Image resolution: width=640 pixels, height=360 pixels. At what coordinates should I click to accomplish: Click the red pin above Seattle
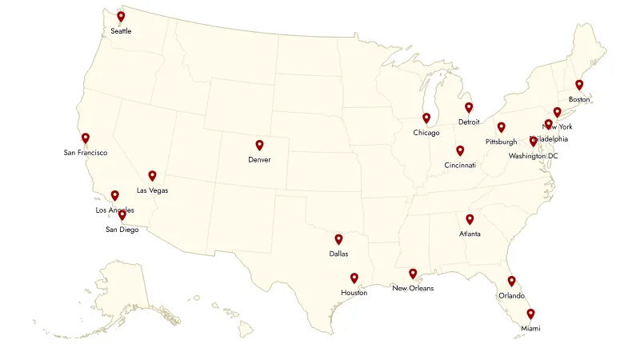point(121,16)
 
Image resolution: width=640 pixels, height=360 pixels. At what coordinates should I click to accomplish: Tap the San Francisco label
point(86,152)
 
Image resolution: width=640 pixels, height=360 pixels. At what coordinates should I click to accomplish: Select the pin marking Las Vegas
point(152,176)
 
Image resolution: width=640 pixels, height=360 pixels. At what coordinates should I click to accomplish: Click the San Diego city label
point(122,230)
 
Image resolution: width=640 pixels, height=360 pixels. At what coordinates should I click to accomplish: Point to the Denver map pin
point(259,145)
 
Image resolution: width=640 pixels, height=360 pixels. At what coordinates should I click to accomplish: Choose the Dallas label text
point(338,254)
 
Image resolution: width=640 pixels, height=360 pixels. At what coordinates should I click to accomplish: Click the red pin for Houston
point(354,278)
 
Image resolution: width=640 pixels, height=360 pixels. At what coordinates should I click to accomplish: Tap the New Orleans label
point(413,288)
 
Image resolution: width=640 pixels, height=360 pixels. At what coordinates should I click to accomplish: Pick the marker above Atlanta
point(470,219)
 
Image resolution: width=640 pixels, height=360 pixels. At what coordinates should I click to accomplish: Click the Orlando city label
point(511,295)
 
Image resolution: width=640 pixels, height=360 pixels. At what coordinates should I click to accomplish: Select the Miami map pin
point(530,314)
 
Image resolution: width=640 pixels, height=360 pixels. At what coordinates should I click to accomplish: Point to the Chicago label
point(426,133)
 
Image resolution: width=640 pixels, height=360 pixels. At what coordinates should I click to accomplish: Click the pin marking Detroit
point(469,107)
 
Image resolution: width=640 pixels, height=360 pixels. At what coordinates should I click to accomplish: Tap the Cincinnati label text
point(460,166)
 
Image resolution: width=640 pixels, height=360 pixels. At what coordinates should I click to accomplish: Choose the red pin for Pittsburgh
point(502,126)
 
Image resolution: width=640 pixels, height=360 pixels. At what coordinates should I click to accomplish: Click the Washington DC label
point(534,156)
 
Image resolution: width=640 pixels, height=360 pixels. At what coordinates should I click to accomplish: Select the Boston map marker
point(579,84)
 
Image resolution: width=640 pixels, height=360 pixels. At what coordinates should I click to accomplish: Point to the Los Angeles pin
point(114,195)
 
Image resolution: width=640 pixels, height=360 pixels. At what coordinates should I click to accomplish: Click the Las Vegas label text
point(152,190)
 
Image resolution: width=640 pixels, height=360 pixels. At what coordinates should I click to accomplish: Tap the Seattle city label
point(121,31)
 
